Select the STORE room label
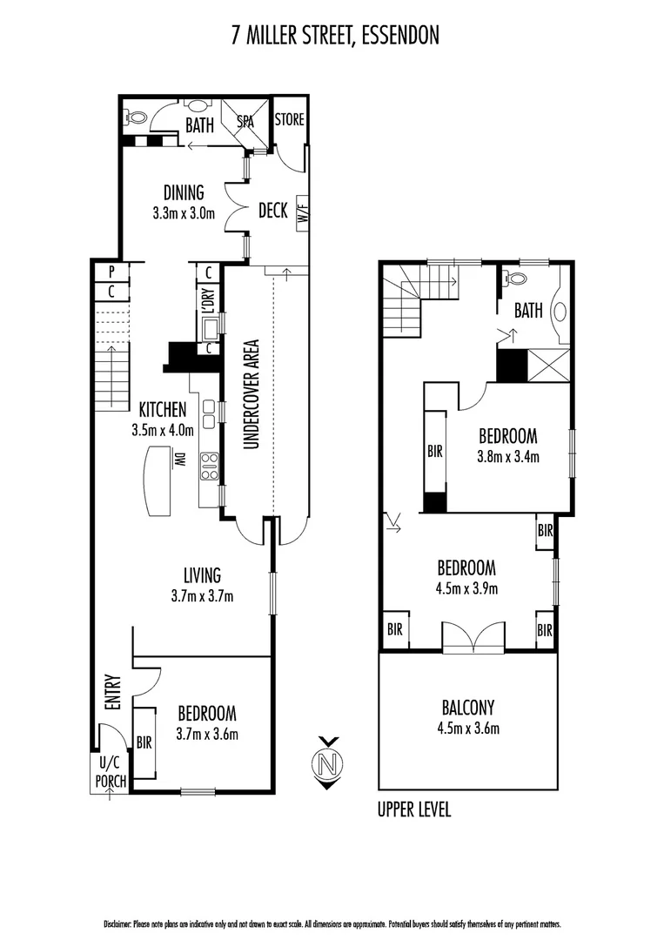pyautogui.click(x=290, y=119)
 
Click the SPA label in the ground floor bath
pyautogui.click(x=246, y=123)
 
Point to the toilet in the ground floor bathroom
pyautogui.click(x=137, y=117)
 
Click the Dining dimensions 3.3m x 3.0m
pyautogui.click(x=183, y=211)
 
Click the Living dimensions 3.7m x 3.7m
pyautogui.click(x=202, y=596)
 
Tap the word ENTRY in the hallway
pyautogui.click(x=111, y=692)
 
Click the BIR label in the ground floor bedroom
pyautogui.click(x=144, y=742)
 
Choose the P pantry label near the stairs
pyautogui.click(x=111, y=272)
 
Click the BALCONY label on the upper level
pyautogui.click(x=468, y=707)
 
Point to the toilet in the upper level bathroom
pyautogui.click(x=516, y=279)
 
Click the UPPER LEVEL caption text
pyautogui.click(x=413, y=809)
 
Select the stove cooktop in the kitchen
pyautogui.click(x=209, y=467)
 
